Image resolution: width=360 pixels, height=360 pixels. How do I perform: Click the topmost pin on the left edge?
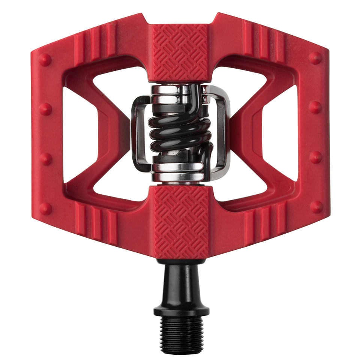tap(45, 58)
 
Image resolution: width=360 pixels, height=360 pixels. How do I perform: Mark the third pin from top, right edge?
tap(315, 156)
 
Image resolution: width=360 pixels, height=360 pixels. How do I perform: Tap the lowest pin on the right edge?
tap(316, 206)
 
